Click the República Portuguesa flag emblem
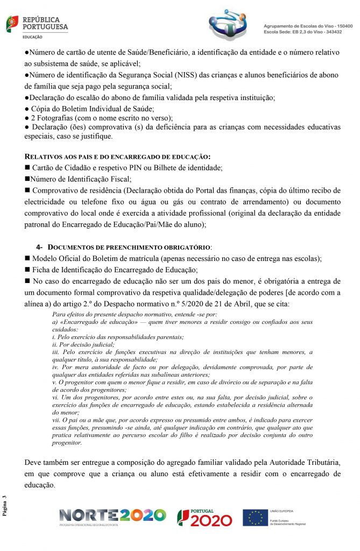tap(12, 24)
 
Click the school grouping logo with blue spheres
tap(230, 25)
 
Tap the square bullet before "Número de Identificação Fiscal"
tap(27, 179)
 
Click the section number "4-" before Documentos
tap(40, 247)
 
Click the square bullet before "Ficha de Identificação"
tap(27, 270)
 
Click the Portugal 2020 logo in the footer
tap(204, 517)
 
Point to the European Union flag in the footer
tap(255, 517)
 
